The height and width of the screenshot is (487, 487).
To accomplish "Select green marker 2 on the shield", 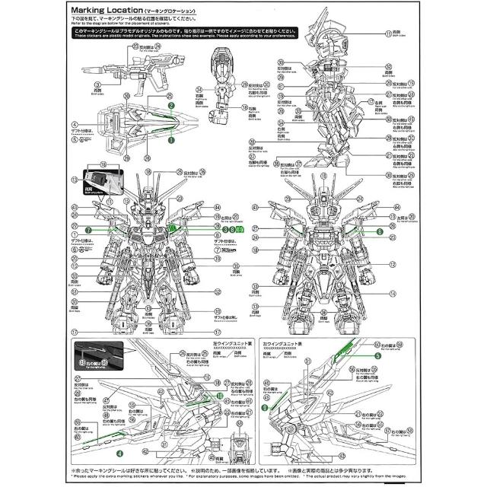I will [172, 106].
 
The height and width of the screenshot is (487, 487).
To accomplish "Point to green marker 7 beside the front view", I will [88, 229].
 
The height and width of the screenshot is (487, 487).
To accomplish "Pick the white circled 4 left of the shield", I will [74, 123].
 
